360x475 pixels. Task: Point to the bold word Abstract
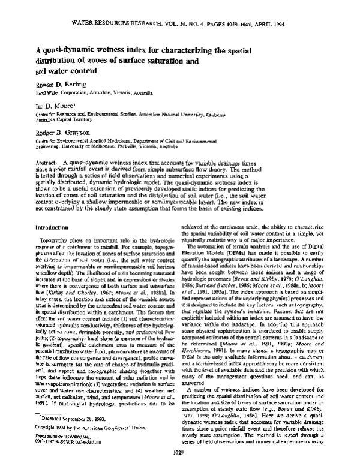[48, 181]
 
